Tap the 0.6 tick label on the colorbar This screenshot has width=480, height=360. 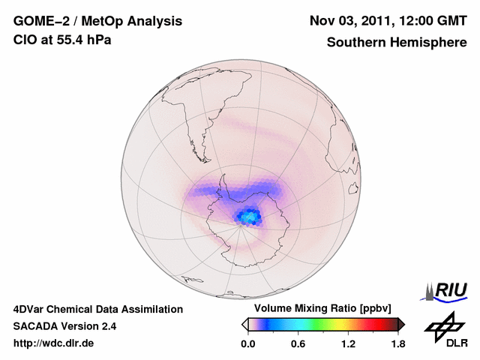[298, 344]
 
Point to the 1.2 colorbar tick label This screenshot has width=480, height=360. [347, 344]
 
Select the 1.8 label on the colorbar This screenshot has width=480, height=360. [397, 344]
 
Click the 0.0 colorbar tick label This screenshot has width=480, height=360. [248, 344]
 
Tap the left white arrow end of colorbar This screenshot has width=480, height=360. [244, 324]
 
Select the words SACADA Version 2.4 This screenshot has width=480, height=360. [64, 326]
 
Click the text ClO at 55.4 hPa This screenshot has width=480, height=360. [62, 40]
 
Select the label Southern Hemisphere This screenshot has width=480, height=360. [396, 43]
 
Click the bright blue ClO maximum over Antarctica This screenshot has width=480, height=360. [250, 217]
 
